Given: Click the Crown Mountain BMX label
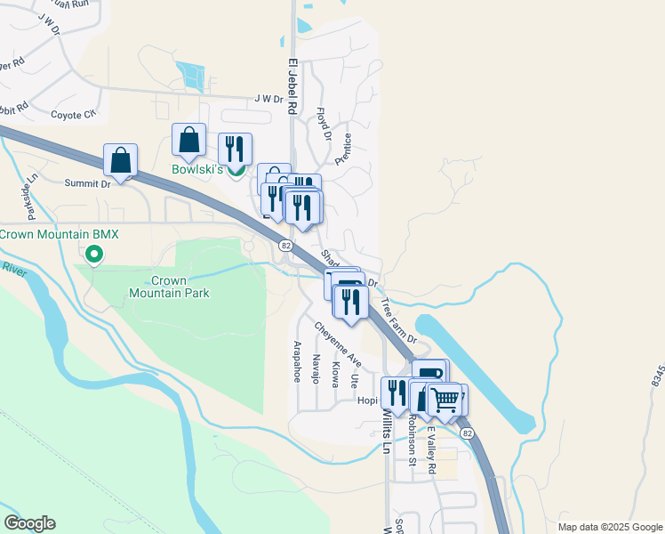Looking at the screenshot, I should click(x=60, y=234).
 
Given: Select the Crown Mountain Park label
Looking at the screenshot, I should click(x=168, y=287).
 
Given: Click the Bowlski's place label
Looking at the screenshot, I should click(x=196, y=169).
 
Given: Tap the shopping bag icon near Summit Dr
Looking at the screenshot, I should click(x=120, y=161).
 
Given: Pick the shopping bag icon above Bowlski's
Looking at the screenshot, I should click(x=188, y=140).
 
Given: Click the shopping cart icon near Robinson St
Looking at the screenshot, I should click(x=445, y=399).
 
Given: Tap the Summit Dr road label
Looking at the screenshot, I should click(x=87, y=183).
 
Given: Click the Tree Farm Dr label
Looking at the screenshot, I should click(x=398, y=320).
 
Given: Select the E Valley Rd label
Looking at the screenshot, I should click(x=430, y=449).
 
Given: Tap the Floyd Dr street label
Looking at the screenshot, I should click(x=324, y=125).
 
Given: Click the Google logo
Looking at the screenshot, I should click(x=28, y=523).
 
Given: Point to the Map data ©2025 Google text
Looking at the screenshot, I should click(x=609, y=526).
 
